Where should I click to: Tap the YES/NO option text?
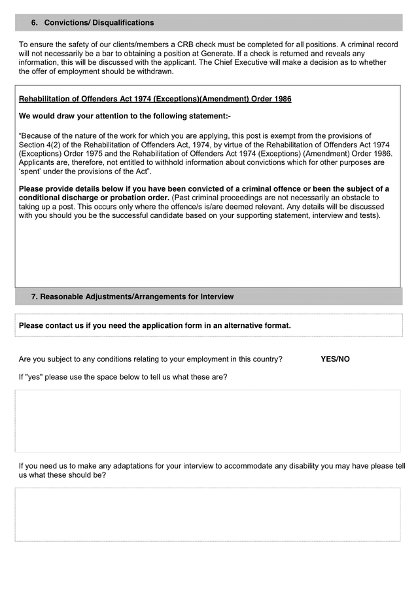[335, 359]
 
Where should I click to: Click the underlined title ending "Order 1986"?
[155, 99]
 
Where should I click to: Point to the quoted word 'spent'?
[31, 171]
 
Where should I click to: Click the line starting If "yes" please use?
[123, 377]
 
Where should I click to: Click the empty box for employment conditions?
[207, 421]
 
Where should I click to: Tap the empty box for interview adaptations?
[207, 514]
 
